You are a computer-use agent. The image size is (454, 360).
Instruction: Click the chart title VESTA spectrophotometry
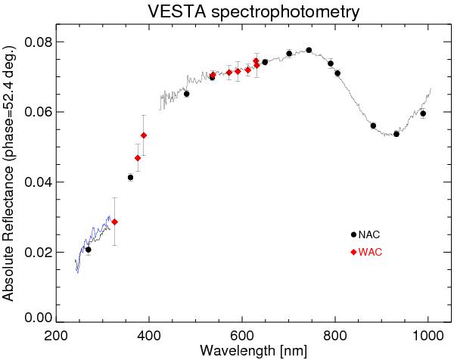point(242,12)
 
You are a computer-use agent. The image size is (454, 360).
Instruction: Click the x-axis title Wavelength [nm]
point(241,351)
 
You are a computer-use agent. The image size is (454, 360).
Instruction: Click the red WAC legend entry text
point(370,252)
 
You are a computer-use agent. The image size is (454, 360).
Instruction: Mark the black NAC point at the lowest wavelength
point(89,250)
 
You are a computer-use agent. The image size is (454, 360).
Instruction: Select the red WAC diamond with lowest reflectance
point(114,222)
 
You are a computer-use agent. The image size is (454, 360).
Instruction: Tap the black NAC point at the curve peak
point(309,50)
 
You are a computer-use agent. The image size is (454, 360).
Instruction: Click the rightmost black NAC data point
point(423,113)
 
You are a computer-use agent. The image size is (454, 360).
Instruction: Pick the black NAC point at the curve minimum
point(396,134)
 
